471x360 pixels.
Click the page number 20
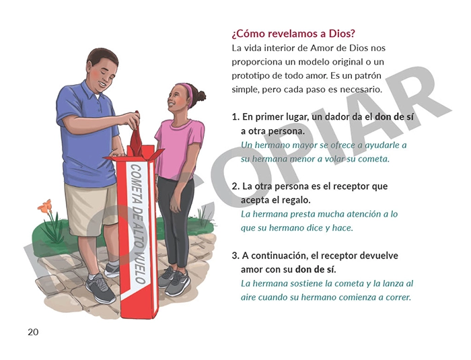click(33, 332)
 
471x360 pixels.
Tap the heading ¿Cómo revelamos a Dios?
click(293, 34)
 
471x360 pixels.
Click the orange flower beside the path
click(44, 207)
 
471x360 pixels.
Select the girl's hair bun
click(200, 96)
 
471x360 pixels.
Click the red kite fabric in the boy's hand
click(137, 137)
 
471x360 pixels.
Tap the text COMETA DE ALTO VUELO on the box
click(137, 225)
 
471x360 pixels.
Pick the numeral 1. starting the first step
click(235, 117)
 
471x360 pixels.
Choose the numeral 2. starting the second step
click(235, 186)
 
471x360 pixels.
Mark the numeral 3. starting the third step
click(235, 256)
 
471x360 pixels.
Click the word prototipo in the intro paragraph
click(250, 76)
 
